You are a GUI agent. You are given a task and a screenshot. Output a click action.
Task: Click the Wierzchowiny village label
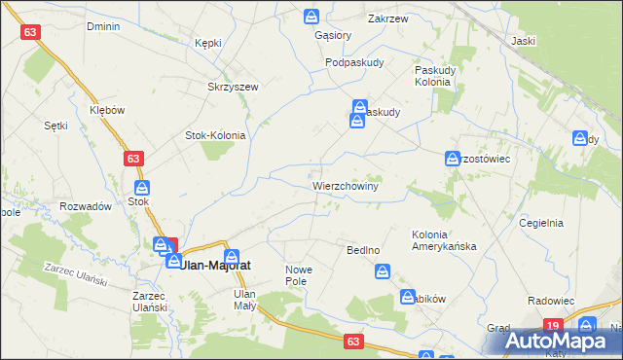346,184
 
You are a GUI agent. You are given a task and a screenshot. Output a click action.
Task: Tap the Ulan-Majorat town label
215,264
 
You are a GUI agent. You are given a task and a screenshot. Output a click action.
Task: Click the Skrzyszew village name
233,87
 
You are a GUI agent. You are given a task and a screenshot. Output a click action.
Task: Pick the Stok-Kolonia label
215,136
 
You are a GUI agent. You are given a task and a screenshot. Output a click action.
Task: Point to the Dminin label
103,27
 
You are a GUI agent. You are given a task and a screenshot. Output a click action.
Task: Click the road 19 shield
553,326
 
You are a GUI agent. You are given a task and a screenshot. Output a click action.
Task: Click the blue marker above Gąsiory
311,17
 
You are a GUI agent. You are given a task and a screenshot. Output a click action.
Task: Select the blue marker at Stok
141,188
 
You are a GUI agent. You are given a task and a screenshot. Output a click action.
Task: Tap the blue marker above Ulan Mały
231,257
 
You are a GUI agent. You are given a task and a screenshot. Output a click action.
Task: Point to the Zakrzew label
387,18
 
